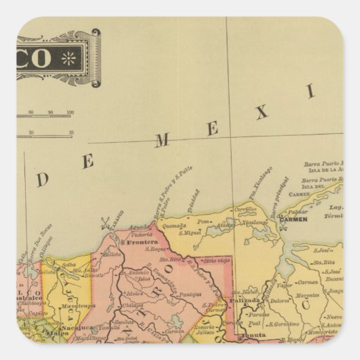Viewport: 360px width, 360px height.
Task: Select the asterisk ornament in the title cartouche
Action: [68, 58]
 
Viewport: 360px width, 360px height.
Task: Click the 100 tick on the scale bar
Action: [70, 113]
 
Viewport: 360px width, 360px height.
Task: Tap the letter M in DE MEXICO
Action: [162, 141]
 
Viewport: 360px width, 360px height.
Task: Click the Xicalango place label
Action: [256, 222]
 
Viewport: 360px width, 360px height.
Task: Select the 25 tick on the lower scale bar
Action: [71, 132]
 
